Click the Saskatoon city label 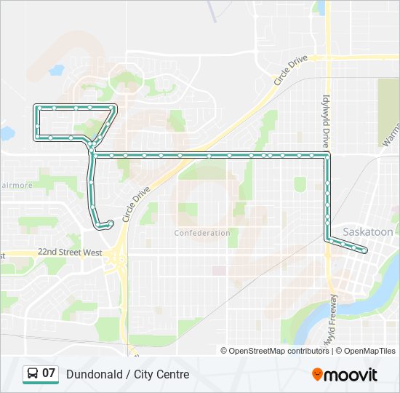click(x=367, y=231)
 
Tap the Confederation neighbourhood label click(x=202, y=233)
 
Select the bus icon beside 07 click(x=33, y=374)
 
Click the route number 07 click(x=49, y=373)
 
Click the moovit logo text click(x=352, y=374)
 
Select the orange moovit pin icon click(x=318, y=374)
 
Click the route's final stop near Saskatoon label click(x=365, y=251)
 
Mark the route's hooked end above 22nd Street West click(x=111, y=223)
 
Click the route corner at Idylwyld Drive click(x=327, y=155)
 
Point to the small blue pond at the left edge click(x=6, y=133)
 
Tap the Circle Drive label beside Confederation click(x=137, y=205)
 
